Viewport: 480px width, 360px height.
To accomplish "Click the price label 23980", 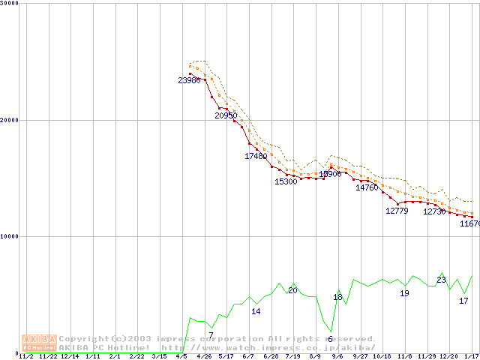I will (189, 80).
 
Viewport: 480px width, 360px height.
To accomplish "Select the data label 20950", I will (226, 115).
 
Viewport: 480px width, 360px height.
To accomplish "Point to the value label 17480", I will (256, 156).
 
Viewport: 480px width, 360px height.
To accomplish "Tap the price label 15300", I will (286, 181).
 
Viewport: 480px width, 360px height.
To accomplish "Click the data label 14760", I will (367, 187).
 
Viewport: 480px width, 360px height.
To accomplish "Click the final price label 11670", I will (470, 223).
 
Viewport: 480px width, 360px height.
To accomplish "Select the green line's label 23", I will (441, 280).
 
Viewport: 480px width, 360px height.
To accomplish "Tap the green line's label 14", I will (256, 311).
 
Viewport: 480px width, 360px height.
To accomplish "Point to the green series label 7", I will (211, 335).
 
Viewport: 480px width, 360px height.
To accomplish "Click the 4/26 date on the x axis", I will (203, 356).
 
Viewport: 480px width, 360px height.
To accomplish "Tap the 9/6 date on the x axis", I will (337, 356).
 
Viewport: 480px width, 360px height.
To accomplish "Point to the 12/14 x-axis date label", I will (70, 356).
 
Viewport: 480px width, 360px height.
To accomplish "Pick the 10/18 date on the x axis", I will (382, 356).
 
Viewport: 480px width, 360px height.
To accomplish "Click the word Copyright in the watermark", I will (83, 339).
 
